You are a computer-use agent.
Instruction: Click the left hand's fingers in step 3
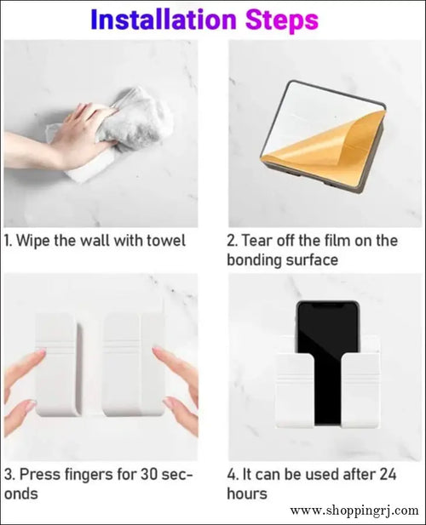point(26,374)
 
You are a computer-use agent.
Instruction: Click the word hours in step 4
point(247,494)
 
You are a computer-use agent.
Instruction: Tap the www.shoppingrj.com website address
point(354,511)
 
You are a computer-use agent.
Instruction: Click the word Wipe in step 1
point(37,241)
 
